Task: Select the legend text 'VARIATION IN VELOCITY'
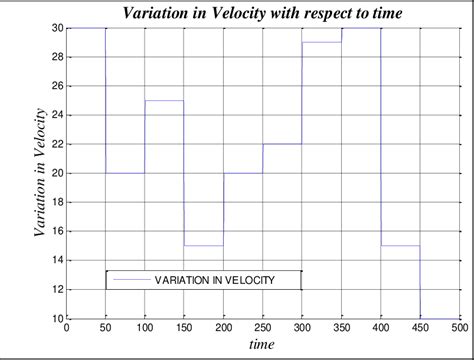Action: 214,280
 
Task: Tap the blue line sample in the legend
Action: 130,280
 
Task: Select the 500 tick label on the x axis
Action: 459,328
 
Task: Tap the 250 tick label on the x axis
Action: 263,328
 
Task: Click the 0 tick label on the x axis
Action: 67,328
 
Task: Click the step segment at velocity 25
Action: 165,101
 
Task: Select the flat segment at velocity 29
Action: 322,43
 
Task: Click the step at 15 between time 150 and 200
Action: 204,246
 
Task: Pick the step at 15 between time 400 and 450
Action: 400,246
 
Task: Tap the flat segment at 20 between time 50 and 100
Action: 126,173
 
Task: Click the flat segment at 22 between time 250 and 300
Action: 283,144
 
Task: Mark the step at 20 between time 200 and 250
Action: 243,173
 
